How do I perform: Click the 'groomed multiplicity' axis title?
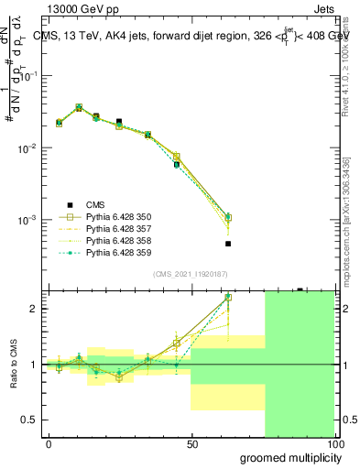tap(288, 457)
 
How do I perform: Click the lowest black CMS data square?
tap(228, 244)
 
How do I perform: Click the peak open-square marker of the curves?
tap(79, 108)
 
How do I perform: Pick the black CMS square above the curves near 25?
tap(119, 121)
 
